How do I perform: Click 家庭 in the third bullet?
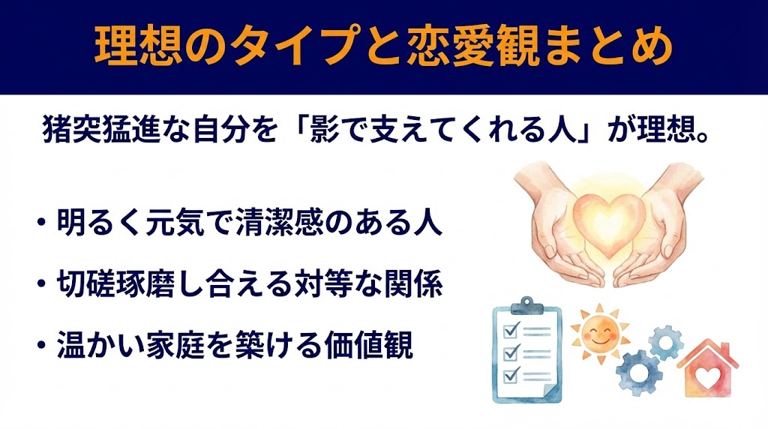point(217,347)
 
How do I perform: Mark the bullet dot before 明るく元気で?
point(40,226)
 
